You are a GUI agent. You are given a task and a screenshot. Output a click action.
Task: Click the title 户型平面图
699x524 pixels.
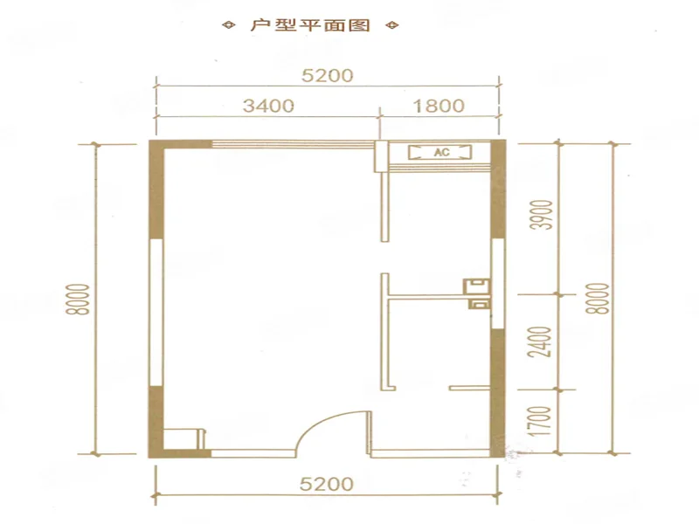coord(310,25)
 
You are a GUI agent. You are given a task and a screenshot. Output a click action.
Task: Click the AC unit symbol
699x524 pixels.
coord(440,152)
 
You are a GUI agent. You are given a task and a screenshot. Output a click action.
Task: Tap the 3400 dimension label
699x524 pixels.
coord(268,106)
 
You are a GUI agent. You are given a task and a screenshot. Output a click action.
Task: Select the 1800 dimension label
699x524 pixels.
coord(439,106)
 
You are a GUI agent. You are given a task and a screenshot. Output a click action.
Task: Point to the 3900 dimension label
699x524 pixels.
coord(544,215)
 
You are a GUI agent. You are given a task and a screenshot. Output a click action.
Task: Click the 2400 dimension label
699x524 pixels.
coord(544,342)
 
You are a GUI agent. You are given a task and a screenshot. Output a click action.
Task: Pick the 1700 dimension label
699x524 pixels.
coord(544,421)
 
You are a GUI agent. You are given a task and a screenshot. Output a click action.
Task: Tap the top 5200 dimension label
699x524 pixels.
coord(327,75)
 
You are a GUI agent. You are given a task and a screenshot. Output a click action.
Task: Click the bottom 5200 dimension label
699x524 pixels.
coord(326,484)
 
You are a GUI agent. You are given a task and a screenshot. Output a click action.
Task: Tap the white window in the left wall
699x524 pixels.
coord(156,313)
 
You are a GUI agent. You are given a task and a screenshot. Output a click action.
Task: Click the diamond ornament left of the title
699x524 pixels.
coord(229,25)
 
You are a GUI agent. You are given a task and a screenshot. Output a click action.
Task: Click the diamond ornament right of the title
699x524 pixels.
coord(392,25)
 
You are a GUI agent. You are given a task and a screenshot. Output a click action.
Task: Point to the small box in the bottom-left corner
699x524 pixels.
coord(184,439)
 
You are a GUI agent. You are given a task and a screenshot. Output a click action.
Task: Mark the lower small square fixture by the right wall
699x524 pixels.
coord(479,305)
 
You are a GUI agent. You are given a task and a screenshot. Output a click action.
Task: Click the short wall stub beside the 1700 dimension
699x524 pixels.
coord(469,388)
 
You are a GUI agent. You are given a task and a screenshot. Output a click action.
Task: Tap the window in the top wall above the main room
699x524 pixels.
coord(293,144)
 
